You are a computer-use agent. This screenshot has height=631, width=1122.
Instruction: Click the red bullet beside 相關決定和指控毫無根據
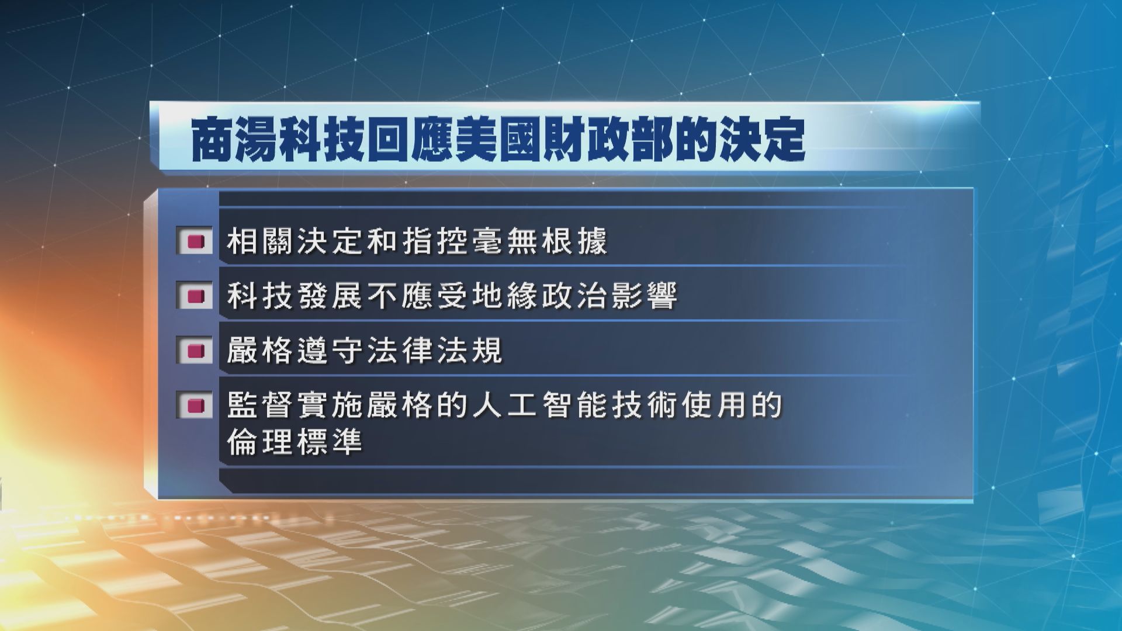click(x=195, y=241)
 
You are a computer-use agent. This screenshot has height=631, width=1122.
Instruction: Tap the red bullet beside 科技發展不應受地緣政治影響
click(x=195, y=296)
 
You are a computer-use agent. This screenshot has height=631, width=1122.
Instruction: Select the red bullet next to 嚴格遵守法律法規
click(x=195, y=351)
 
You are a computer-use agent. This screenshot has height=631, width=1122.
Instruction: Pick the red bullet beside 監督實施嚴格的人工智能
click(x=195, y=404)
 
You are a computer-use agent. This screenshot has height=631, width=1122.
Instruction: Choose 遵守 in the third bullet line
click(x=332, y=351)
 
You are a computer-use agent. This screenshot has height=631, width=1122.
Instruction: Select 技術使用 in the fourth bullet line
click(x=680, y=405)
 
